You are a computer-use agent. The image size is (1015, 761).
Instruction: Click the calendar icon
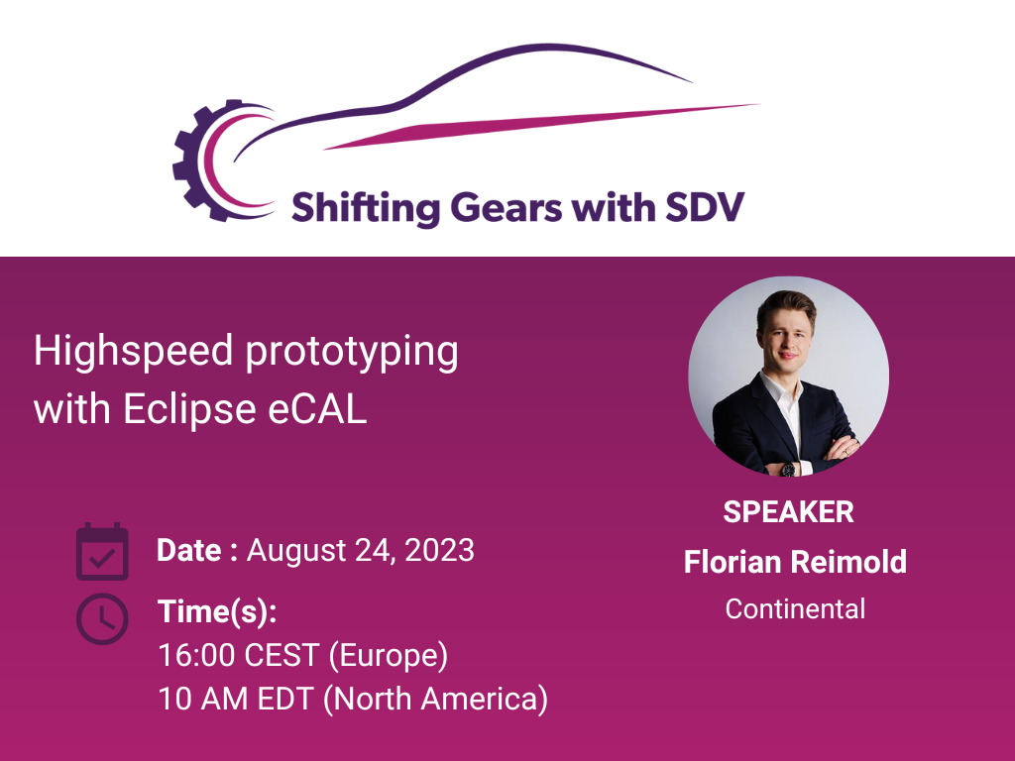click(x=102, y=552)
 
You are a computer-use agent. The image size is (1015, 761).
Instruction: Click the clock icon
click(x=102, y=619)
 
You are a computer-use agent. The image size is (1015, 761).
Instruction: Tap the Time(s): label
click(x=217, y=611)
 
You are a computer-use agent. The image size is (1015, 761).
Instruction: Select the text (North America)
click(x=437, y=699)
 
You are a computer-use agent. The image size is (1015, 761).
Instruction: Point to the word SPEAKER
click(x=788, y=512)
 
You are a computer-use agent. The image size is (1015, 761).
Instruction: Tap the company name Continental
click(x=795, y=608)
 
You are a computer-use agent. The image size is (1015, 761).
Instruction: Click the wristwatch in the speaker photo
click(x=787, y=468)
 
